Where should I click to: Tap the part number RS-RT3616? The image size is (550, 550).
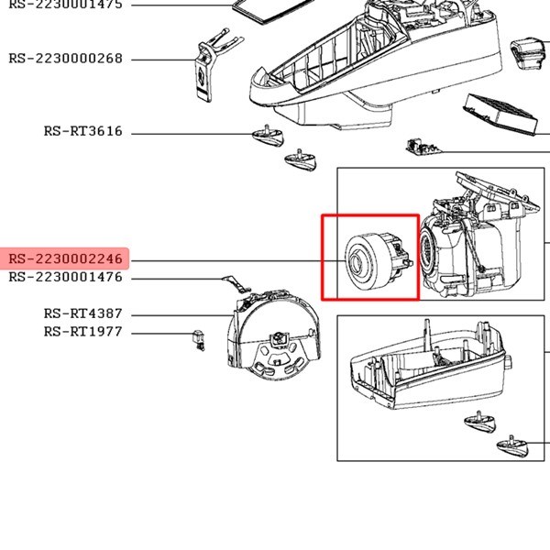coord(82,131)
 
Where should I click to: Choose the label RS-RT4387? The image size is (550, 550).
coord(82,313)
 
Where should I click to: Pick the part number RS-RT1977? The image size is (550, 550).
coord(82,332)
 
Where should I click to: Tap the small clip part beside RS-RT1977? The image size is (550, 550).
coord(196,336)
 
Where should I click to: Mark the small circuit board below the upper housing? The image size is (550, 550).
coord(421,148)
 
